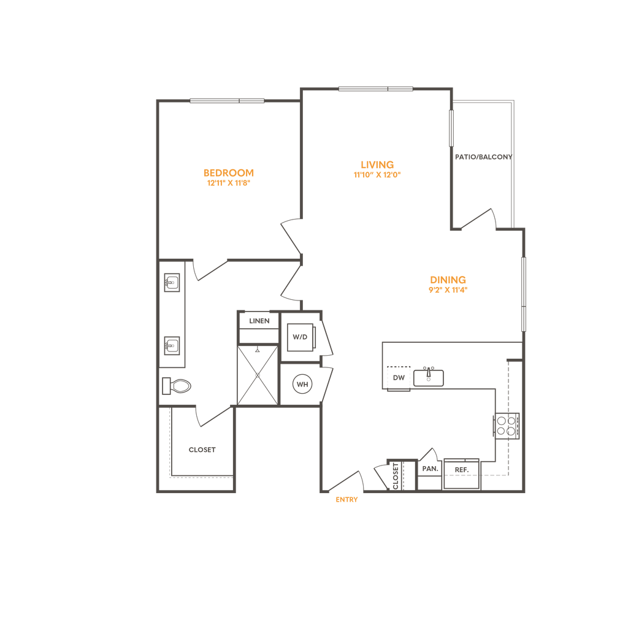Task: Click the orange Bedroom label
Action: click(x=229, y=176)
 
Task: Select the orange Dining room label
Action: click(x=448, y=284)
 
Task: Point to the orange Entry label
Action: click(x=347, y=500)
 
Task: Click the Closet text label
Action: click(x=202, y=450)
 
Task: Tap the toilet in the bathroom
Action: click(x=178, y=386)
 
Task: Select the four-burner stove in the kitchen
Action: click(x=507, y=426)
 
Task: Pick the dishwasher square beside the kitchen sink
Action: click(x=398, y=377)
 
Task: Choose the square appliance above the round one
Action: click(x=300, y=337)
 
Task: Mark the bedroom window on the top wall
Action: click(x=226, y=101)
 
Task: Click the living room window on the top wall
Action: click(x=375, y=89)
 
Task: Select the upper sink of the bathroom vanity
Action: click(x=172, y=283)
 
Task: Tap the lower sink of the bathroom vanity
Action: click(x=172, y=347)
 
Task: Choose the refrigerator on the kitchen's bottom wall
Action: click(x=462, y=473)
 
